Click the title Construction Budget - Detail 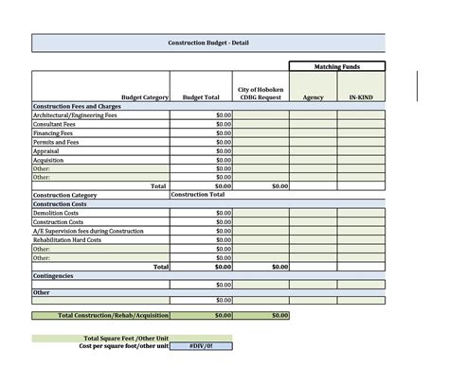(208, 44)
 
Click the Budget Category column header (145, 96)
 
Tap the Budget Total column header (201, 96)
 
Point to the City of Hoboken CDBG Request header (260, 93)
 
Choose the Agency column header (313, 96)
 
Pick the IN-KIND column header (361, 96)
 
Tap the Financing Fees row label (53, 133)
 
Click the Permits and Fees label (56, 142)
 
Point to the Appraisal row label (47, 151)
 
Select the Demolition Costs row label (55, 213)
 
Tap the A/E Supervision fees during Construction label (88, 231)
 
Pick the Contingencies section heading (53, 275)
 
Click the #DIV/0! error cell (201, 346)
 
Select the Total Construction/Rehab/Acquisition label (113, 315)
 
